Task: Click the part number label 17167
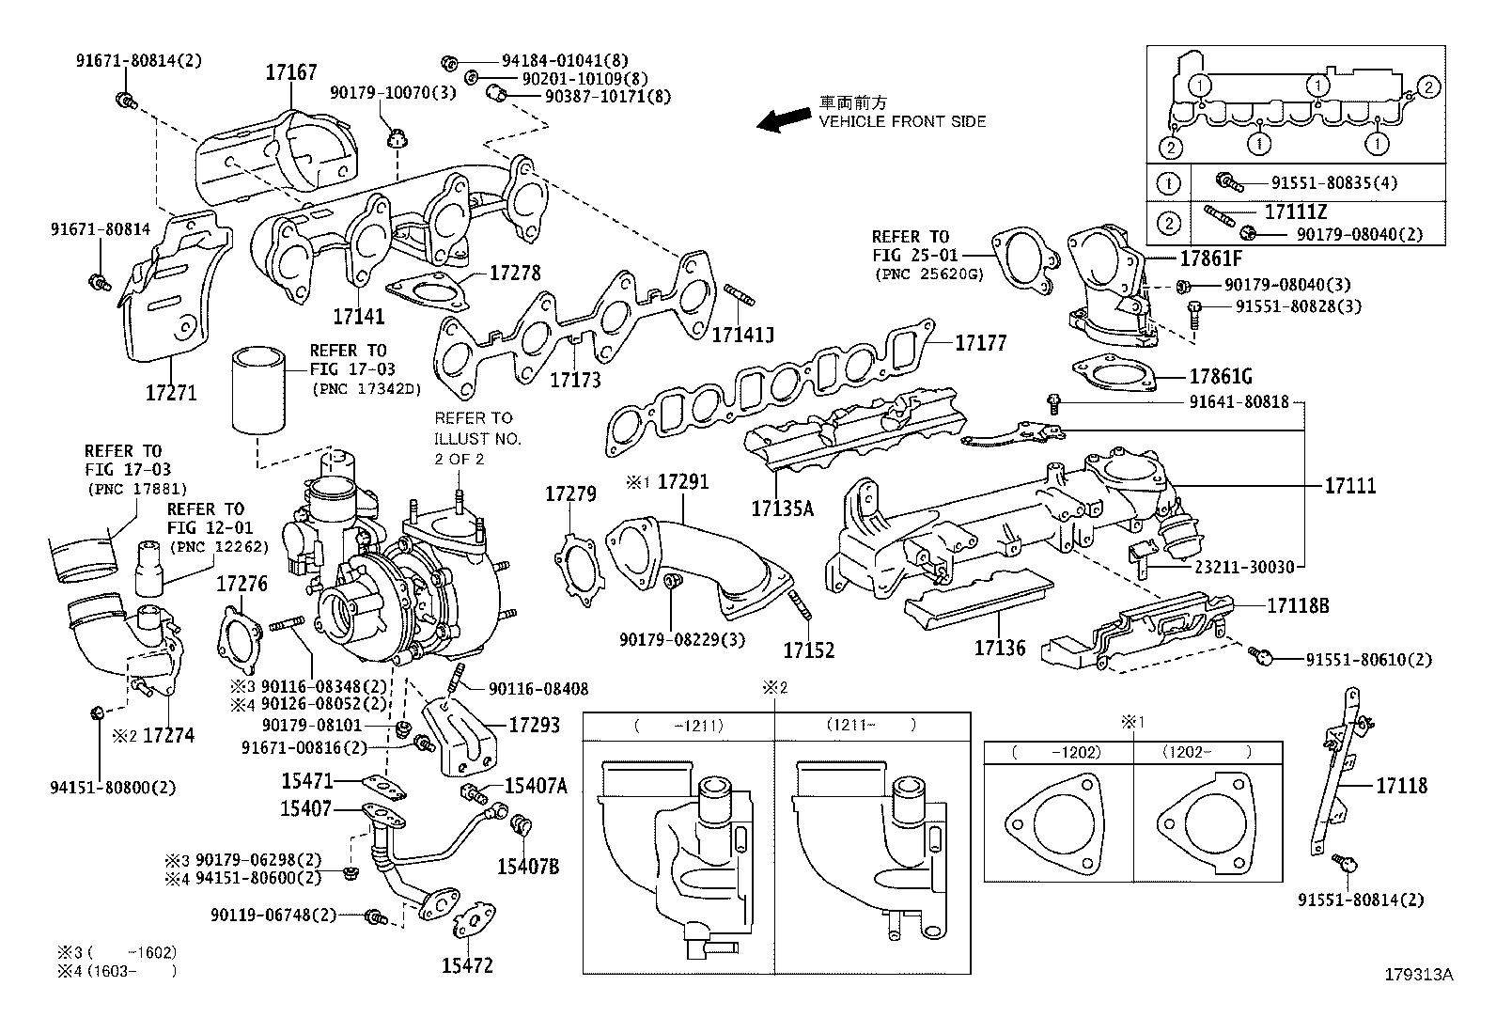point(290,72)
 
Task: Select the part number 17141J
point(742,334)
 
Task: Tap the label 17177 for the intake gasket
point(980,344)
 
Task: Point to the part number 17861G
point(1221,377)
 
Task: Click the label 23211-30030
point(1244,567)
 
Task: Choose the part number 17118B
point(1298,606)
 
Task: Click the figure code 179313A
point(1418,975)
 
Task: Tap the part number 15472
point(467,965)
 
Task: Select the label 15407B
point(527,867)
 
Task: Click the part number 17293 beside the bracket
point(534,725)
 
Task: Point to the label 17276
point(242,584)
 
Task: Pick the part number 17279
point(570,493)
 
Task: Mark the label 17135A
point(782,509)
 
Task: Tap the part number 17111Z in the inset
point(1296,212)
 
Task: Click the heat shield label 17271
point(171,392)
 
